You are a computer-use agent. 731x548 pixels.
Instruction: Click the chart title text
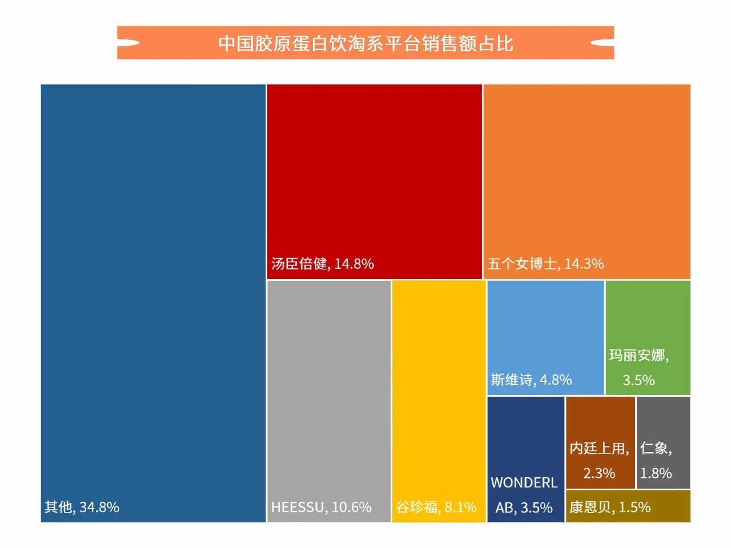point(365,43)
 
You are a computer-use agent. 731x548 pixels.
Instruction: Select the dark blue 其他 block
point(153,285)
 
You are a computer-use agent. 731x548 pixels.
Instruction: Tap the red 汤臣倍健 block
point(375,171)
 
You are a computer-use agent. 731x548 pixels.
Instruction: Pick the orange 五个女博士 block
point(587,171)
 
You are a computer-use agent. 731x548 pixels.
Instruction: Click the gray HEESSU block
point(329,388)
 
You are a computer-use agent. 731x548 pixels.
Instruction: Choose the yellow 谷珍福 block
point(439,388)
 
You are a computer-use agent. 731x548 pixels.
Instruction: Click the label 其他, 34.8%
point(82,507)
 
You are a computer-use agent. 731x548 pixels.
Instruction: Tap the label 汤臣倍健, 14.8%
point(323,264)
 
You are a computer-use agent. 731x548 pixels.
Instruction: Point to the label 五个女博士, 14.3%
point(545,264)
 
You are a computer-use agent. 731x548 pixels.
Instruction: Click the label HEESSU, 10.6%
point(321,507)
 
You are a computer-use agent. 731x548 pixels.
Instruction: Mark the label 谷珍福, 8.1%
point(436,507)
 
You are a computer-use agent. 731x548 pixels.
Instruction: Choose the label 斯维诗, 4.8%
point(531,380)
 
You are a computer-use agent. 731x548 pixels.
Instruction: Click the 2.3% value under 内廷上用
point(599,473)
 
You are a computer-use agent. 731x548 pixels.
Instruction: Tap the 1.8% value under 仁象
point(656,473)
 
